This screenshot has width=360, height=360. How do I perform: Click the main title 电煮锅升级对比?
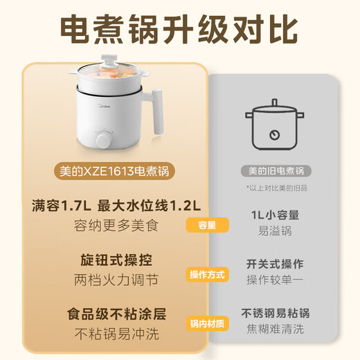[x=179, y=29]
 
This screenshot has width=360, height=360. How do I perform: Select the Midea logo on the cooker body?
[x=101, y=107]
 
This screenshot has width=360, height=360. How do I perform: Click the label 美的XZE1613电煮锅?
[x=115, y=170]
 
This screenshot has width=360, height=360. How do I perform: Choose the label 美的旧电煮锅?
[x=276, y=170]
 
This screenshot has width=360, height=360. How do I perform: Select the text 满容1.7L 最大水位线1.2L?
[x=116, y=206]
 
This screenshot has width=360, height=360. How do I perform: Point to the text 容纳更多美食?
[x=116, y=225]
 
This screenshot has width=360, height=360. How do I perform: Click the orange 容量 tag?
[x=207, y=225]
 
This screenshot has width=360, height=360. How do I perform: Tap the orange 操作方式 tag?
[x=207, y=275]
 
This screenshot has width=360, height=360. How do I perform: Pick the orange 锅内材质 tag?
[x=207, y=324]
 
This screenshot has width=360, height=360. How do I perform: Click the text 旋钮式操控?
[x=116, y=260]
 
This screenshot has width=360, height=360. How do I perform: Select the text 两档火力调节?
[x=116, y=280]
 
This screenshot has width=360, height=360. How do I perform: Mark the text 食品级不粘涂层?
[x=116, y=314]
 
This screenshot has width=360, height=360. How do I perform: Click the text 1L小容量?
[x=275, y=215]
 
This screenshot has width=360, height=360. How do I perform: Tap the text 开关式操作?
[x=275, y=264]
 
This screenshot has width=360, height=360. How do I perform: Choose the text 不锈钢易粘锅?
[x=275, y=313]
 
